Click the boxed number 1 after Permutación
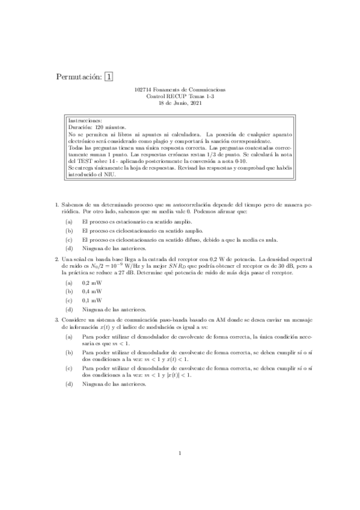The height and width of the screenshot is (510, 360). point(108,76)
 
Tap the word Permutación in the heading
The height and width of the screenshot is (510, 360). point(79,77)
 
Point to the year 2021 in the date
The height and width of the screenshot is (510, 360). point(196,103)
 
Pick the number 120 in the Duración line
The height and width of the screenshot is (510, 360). point(100,127)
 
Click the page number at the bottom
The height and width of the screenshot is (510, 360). point(180,470)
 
